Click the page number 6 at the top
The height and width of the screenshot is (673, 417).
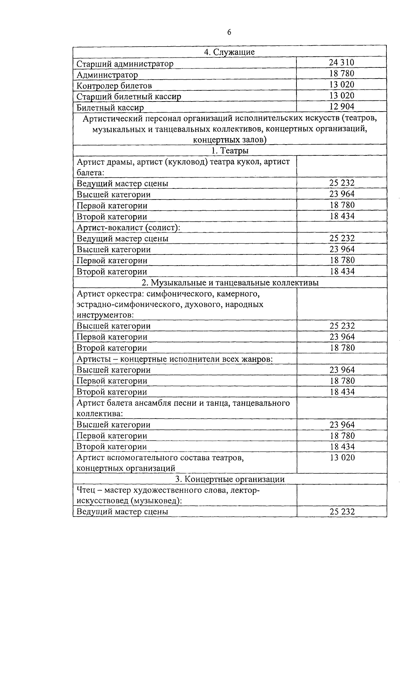pos(229,32)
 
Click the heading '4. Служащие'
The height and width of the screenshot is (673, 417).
pos(229,52)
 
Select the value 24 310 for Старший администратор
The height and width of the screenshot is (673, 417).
pos(342,63)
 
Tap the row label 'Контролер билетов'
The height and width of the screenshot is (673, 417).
pos(114,86)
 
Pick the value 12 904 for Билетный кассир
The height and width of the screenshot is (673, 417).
pos(342,107)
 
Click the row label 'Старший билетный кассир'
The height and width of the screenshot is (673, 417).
pos(129,97)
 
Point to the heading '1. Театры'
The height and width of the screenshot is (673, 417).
pos(229,151)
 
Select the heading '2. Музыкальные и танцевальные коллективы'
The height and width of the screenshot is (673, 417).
pos(229,283)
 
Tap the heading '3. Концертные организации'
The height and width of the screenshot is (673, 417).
pos(229,479)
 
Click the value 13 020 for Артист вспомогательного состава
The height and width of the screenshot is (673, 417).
pos(342,457)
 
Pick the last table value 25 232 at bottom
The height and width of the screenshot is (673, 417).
pos(342,512)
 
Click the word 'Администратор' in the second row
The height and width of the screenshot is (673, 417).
pos(107,75)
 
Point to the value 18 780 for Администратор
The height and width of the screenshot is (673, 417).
pos(342,74)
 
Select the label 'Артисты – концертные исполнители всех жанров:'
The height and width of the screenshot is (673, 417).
pos(174,359)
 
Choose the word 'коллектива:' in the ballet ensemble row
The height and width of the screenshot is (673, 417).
pos(99,414)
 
